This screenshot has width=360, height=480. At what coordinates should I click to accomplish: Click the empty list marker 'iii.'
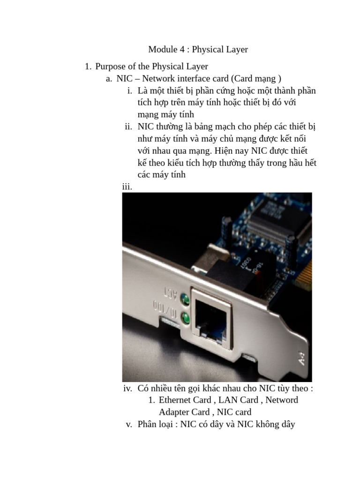(x=127, y=187)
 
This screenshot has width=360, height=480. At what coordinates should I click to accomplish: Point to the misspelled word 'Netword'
(x=282, y=400)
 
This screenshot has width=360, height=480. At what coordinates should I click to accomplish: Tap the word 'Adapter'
(x=173, y=412)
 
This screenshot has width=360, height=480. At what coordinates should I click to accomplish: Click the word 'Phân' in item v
(x=147, y=424)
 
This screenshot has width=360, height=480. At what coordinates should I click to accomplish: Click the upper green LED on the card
(x=185, y=299)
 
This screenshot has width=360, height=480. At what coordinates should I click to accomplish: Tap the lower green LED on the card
(x=185, y=318)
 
